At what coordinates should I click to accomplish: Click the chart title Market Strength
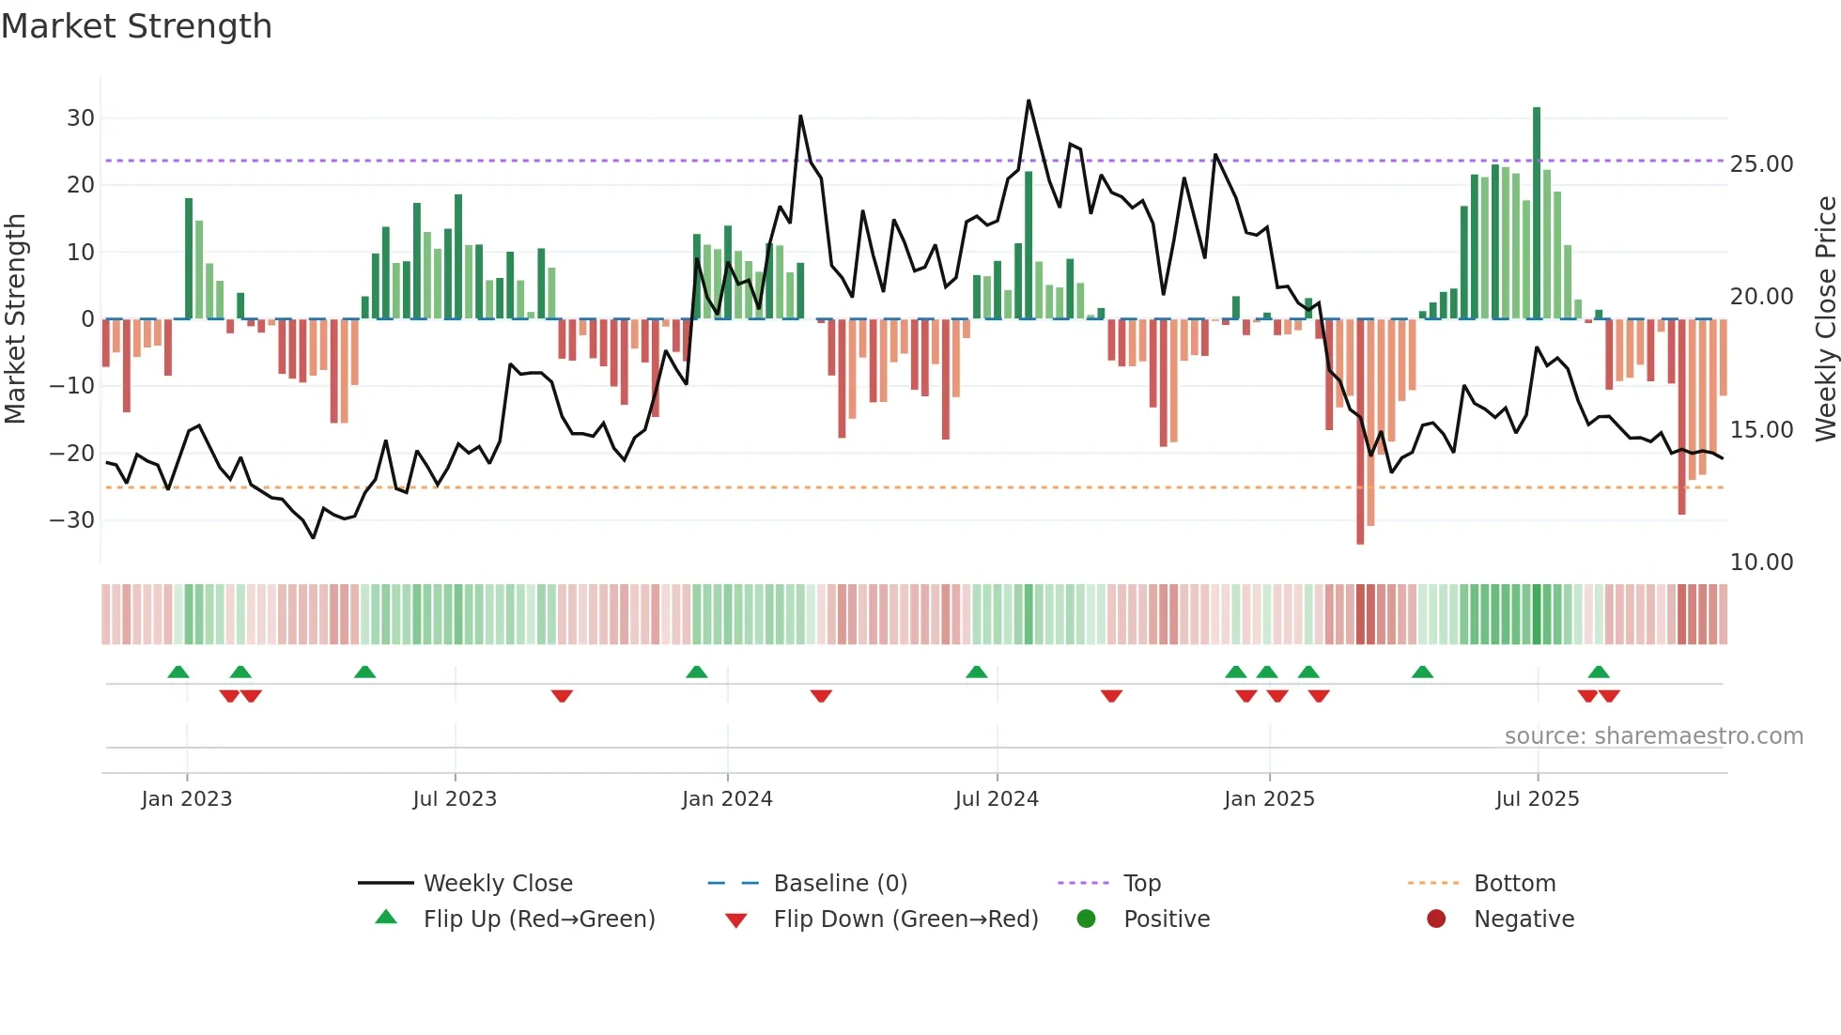[x=136, y=26]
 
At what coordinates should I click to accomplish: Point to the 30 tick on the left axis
[x=81, y=118]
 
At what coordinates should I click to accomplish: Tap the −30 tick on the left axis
[x=73, y=520]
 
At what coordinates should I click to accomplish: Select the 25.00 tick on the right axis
[x=1761, y=164]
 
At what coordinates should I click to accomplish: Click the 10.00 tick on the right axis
[x=1761, y=563]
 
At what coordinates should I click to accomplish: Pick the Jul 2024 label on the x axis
[x=997, y=799]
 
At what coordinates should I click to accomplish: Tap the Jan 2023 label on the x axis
[x=187, y=799]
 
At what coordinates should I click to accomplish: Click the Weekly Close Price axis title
[x=1825, y=319]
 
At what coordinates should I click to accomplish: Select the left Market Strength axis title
[x=15, y=319]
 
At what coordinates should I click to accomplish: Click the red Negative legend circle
[x=1435, y=919]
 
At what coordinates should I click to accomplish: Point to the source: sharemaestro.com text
[x=1653, y=736]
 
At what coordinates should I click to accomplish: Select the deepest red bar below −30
[x=1360, y=432]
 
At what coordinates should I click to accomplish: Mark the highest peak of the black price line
[x=1029, y=101]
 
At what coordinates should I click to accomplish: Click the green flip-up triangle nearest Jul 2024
[x=977, y=672]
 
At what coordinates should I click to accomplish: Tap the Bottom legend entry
[x=1514, y=884]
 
